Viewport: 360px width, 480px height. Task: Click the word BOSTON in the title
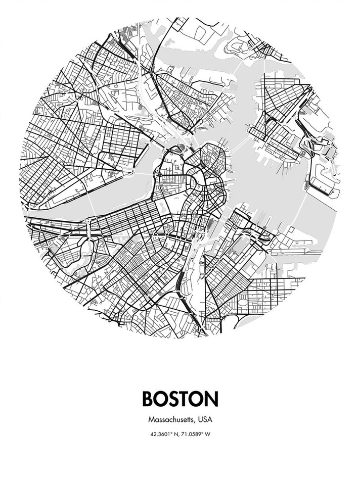tap(180, 398)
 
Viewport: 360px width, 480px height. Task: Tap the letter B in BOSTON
tap(149, 398)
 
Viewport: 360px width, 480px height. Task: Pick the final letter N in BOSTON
tap(212, 398)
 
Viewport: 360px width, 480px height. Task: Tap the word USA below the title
tap(205, 419)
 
